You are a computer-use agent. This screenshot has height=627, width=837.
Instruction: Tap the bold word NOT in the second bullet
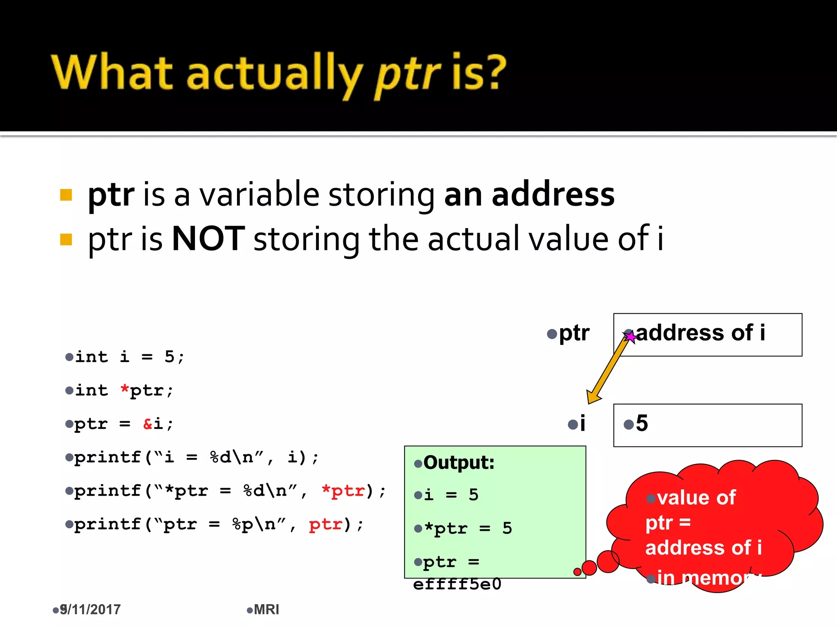(208, 239)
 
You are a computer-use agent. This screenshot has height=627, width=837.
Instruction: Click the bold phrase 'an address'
(529, 195)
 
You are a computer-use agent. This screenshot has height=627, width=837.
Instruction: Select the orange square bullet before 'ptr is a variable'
(66, 195)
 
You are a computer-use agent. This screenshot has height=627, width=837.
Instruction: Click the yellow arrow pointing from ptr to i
(607, 369)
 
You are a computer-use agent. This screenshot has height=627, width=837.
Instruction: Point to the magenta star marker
(631, 337)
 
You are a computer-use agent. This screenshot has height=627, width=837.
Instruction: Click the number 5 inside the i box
(642, 423)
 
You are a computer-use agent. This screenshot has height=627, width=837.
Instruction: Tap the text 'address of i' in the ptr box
(700, 333)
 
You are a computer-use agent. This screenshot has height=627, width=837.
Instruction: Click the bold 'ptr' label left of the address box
(574, 333)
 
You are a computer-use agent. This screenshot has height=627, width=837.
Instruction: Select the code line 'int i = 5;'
(130, 357)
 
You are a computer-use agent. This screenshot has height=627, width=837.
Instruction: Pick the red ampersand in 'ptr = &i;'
(148, 424)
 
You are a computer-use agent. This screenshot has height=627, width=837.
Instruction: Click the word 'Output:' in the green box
(459, 463)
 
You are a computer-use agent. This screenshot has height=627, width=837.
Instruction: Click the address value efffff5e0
(457, 584)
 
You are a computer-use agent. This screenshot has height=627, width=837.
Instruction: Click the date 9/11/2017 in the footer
(90, 609)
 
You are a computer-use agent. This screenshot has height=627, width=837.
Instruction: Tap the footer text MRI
(266, 609)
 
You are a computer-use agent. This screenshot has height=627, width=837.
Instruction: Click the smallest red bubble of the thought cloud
(577, 572)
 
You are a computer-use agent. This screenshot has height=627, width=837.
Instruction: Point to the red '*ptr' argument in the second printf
(343, 490)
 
